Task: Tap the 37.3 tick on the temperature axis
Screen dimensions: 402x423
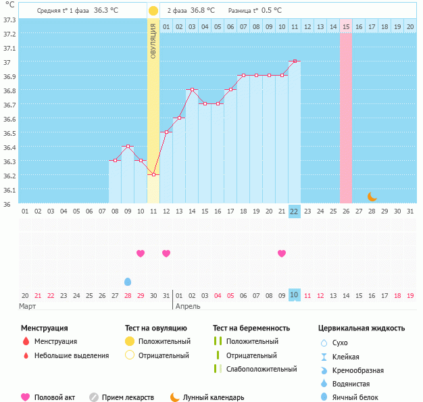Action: (9, 20)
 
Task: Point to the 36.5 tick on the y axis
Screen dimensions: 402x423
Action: (9, 133)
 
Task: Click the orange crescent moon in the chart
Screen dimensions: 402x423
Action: (372, 196)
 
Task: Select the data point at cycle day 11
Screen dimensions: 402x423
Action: (153, 175)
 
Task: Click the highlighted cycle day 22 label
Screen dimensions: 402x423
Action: (294, 211)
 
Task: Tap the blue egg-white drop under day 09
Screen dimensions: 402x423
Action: (128, 281)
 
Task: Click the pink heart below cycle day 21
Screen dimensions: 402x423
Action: (282, 253)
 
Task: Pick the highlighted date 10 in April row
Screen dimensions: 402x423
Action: (294, 295)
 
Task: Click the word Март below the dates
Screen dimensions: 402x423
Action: (28, 306)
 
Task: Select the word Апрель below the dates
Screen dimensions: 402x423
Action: (187, 306)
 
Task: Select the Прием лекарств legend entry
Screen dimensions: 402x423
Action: (128, 397)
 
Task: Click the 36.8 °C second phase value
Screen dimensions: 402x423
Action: (203, 10)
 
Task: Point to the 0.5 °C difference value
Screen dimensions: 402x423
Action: (272, 10)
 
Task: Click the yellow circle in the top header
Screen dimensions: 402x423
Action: (153, 11)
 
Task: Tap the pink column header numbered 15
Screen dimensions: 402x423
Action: (346, 26)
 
